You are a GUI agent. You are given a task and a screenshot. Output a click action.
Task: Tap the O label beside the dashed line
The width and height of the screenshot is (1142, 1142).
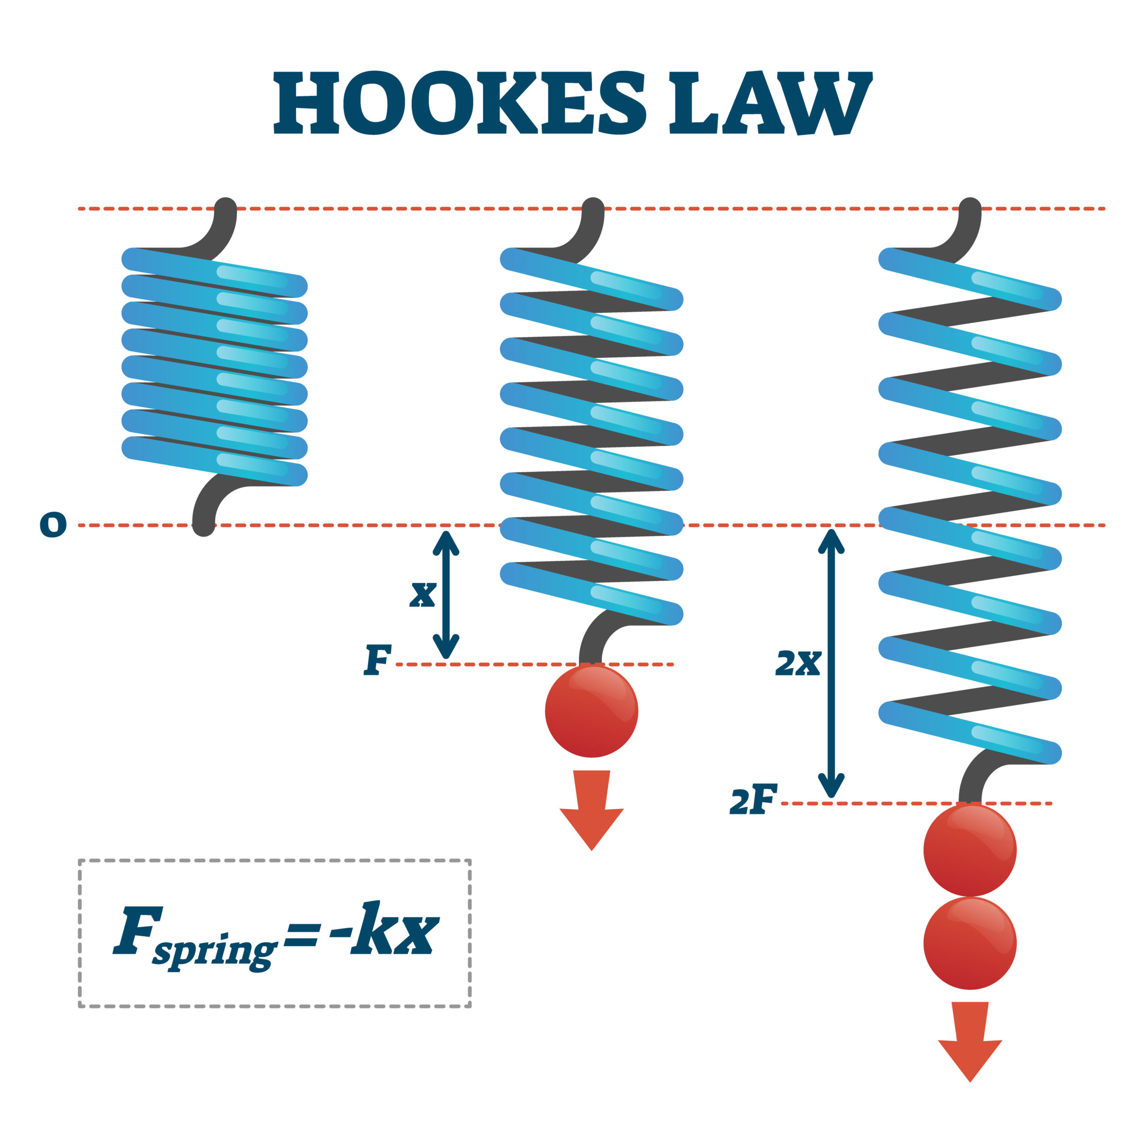53,524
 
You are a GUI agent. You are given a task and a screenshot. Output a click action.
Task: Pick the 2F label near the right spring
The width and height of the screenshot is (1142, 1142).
753,801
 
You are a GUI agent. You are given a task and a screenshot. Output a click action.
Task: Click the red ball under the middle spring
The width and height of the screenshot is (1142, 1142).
591,711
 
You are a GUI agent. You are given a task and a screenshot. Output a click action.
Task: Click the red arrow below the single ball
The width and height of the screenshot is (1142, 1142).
591,811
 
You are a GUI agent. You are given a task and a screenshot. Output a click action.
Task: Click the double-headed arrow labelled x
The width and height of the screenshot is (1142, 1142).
446,594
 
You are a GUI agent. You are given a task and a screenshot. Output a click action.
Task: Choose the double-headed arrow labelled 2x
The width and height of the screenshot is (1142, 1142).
831,663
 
